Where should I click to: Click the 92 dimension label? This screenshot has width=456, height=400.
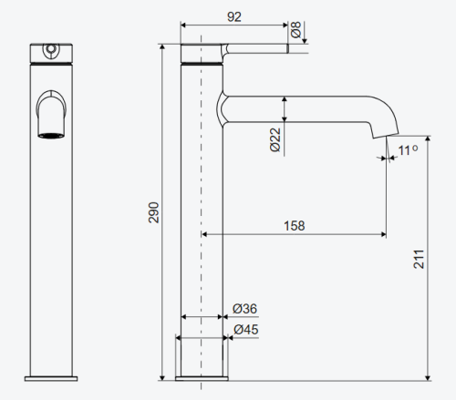(x=234, y=16)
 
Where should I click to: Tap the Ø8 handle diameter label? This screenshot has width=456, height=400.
(x=295, y=29)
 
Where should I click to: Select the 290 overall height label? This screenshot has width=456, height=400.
(x=154, y=212)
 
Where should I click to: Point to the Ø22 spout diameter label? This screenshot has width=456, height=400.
(x=275, y=139)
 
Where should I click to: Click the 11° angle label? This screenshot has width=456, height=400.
(x=408, y=150)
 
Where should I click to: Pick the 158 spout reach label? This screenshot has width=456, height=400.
(x=295, y=226)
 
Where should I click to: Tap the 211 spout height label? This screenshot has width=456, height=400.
(x=419, y=259)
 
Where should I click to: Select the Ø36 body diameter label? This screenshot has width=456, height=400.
(x=244, y=309)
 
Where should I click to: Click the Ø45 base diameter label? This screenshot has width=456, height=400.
(x=246, y=330)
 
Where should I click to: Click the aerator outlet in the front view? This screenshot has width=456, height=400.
(x=51, y=136)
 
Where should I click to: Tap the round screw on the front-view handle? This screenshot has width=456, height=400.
(x=51, y=48)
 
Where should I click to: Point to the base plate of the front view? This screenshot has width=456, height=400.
(x=51, y=378)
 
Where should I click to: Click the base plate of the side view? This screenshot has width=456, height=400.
(x=202, y=378)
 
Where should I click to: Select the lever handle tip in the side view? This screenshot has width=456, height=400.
(x=287, y=48)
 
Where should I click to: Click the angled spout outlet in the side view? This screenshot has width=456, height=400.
(x=386, y=136)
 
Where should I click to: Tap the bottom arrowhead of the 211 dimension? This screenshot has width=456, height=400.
(x=428, y=377)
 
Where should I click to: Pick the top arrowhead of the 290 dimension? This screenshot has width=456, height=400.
(x=162, y=46)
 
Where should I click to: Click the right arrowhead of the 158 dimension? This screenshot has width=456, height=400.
(x=383, y=234)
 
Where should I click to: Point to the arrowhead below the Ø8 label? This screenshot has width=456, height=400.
(x=305, y=41)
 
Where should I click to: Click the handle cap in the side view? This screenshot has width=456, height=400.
(x=202, y=53)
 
